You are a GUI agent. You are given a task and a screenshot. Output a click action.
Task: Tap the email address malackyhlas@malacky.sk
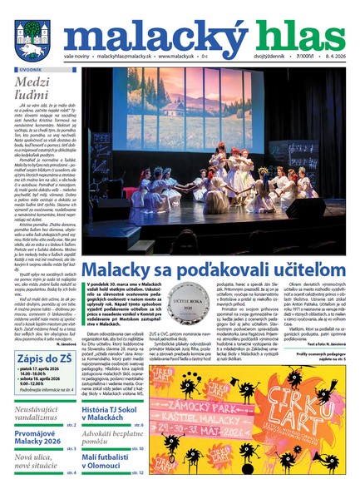point(126,57)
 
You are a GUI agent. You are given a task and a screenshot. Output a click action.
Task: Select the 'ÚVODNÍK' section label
point(30,71)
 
